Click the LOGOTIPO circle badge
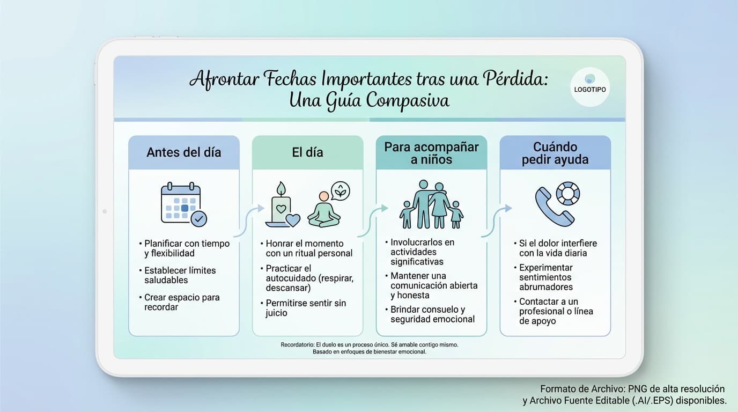click(590, 87)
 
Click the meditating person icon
click(323, 210)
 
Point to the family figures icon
click(431, 205)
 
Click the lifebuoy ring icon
click(568, 194)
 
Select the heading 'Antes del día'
click(183, 152)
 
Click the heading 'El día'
click(307, 152)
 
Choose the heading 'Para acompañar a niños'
click(431, 153)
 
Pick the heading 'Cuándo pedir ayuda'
click(555, 153)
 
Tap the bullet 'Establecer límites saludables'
click(180, 275)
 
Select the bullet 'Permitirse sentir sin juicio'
click(306, 308)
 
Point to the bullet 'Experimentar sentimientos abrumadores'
click(545, 277)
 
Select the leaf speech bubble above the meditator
click(340, 190)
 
